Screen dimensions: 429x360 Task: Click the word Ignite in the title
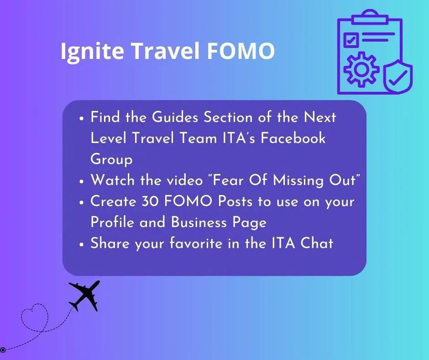[x=92, y=52]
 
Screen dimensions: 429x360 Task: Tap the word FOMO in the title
[x=241, y=51]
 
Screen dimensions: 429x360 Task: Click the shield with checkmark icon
[x=398, y=77]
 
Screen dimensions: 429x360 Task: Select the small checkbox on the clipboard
[x=351, y=40]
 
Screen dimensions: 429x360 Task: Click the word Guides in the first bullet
[x=175, y=117]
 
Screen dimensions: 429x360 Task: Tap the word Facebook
[x=293, y=138]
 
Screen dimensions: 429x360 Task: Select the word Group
[x=111, y=159]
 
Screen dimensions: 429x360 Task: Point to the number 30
[x=150, y=201]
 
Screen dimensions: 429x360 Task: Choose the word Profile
[x=112, y=222]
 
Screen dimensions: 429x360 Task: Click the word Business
[x=199, y=222]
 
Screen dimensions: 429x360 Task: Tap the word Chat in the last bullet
[x=317, y=243]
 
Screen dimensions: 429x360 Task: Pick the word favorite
[x=196, y=243]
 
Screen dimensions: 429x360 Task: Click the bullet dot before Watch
[x=81, y=181]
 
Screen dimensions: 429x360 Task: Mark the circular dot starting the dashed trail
[x=3, y=349]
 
